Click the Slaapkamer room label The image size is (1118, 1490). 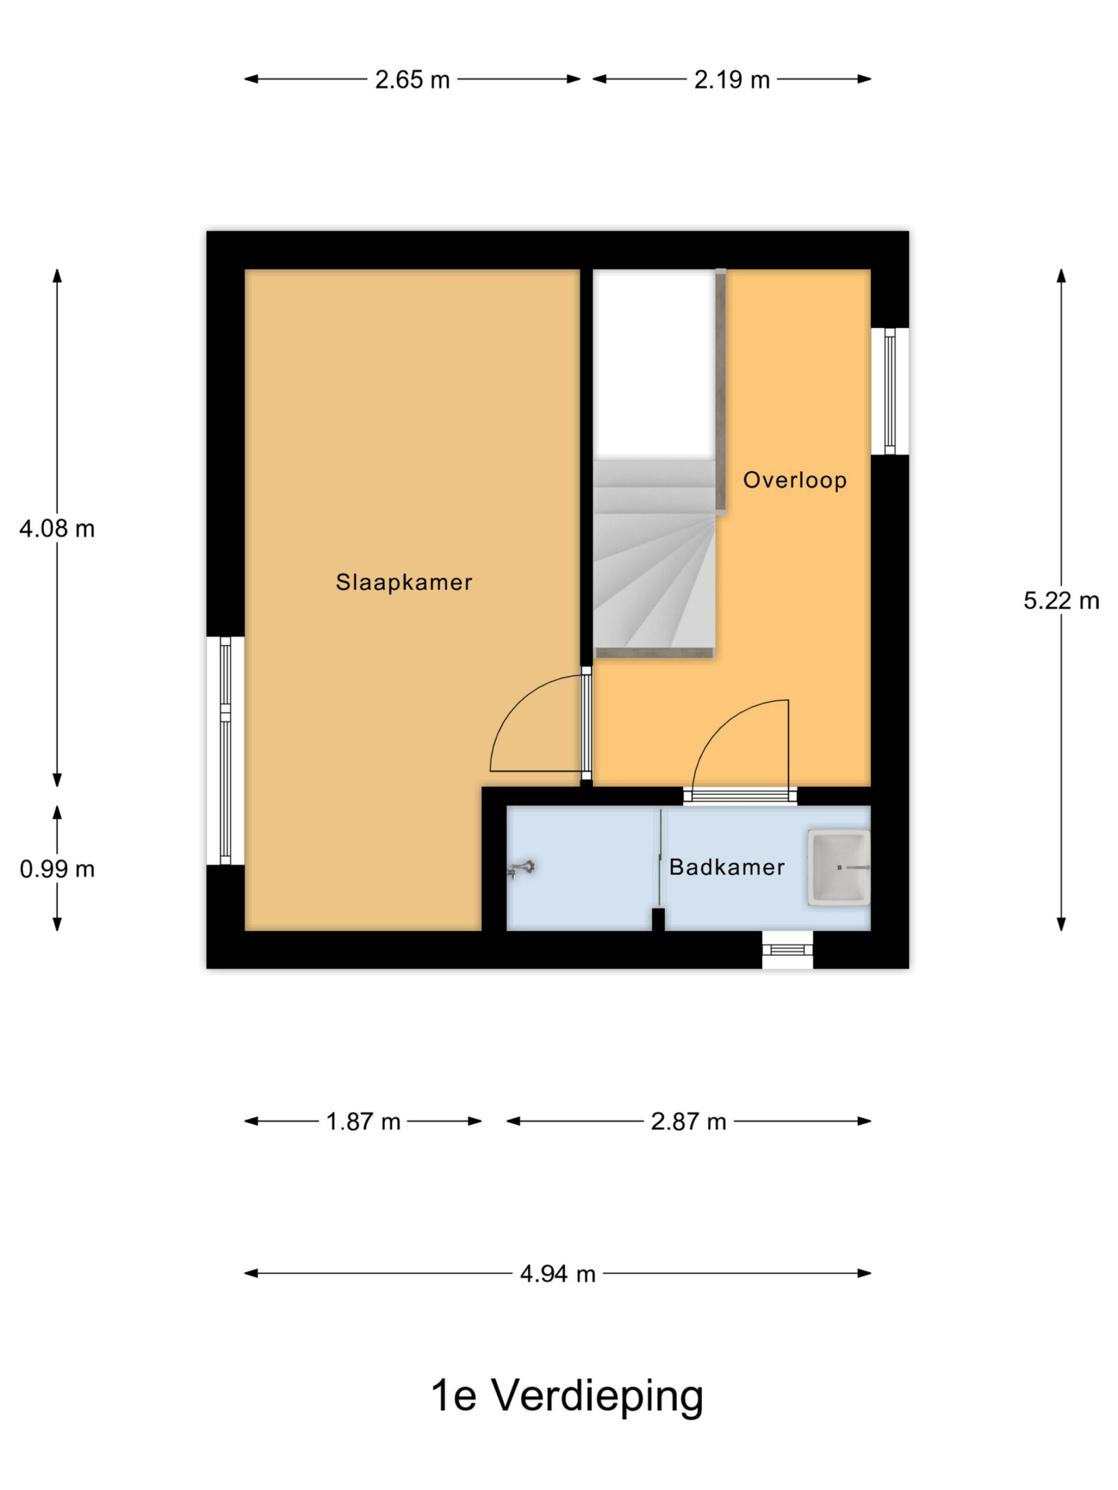(x=404, y=582)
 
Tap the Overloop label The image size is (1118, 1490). (x=794, y=480)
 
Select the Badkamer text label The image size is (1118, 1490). (x=727, y=867)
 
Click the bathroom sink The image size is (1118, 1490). (x=839, y=867)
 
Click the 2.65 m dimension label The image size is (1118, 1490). (x=412, y=80)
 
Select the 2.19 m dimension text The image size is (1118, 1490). (x=732, y=80)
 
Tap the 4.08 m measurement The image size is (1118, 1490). (x=56, y=528)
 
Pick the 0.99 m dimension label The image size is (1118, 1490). (x=56, y=869)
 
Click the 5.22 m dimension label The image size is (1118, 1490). (x=1062, y=600)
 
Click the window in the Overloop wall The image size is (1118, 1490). (x=890, y=391)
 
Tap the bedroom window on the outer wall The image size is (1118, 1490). (x=225, y=750)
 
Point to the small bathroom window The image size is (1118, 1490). (x=787, y=950)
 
